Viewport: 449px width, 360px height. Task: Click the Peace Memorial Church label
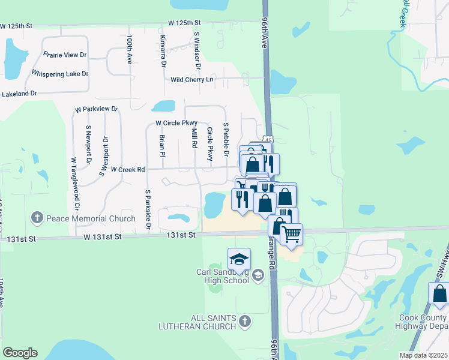[x=91, y=218]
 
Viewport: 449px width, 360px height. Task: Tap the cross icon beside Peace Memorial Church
[x=37, y=217]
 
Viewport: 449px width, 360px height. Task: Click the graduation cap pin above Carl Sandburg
[x=239, y=259]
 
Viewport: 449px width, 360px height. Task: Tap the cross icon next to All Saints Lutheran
[x=244, y=322]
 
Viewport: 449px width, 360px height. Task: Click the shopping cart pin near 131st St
[x=291, y=234]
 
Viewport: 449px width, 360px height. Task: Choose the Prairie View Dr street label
[x=65, y=55]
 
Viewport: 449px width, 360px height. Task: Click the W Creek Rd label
[x=128, y=170]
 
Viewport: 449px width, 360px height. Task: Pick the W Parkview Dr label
[x=96, y=109]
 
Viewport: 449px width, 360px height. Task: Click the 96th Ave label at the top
[x=264, y=33]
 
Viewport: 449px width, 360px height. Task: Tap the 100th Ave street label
[x=129, y=49]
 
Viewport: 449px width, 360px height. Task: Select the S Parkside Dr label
[x=148, y=210]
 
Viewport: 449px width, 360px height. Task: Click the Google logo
[x=20, y=353]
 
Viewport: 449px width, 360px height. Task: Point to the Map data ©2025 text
[x=423, y=355]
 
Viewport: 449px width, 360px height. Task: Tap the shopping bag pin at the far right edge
[x=439, y=295]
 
